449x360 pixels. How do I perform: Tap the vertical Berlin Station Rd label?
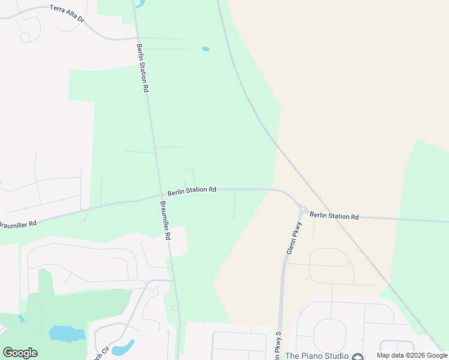[x=142, y=67]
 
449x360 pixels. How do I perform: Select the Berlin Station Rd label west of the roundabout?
[x=192, y=190]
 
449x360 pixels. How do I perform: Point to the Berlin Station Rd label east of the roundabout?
[x=334, y=215]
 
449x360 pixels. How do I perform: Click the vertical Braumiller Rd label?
[x=166, y=220]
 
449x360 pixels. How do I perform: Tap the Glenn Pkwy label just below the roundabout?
[x=294, y=239]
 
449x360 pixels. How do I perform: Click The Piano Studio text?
[x=317, y=356]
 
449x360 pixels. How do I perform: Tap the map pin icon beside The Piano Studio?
[x=358, y=356]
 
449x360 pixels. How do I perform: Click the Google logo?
[x=20, y=353]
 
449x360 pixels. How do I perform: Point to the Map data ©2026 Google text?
[x=412, y=355]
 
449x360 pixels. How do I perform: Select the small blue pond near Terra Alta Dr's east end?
[x=206, y=49]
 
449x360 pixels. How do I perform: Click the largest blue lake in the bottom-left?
[x=66, y=334]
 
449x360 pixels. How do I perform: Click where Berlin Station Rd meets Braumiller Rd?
[x=161, y=195]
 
